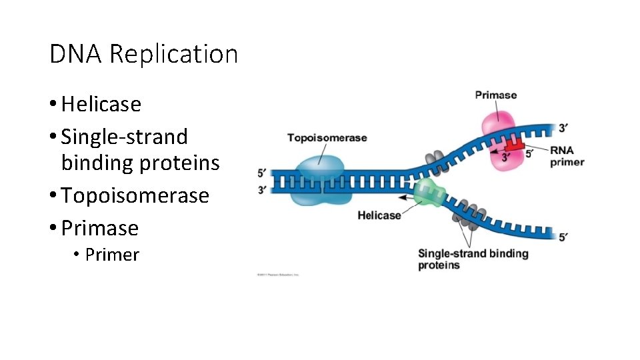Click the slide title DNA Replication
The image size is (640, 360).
pyautogui.click(x=143, y=53)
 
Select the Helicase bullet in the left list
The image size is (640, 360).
pyautogui.click(x=101, y=104)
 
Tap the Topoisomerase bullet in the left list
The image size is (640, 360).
pyautogui.click(x=135, y=195)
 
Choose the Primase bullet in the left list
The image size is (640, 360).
pyautogui.click(x=99, y=228)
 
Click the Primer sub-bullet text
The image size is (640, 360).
pyautogui.click(x=112, y=255)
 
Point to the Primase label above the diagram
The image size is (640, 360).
pyautogui.click(x=495, y=95)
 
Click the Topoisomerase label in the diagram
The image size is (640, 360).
pyautogui.click(x=327, y=138)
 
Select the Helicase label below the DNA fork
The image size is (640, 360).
pyautogui.click(x=379, y=215)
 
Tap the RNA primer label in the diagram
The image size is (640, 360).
pyautogui.click(x=567, y=156)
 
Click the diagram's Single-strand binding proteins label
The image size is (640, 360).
pyautogui.click(x=473, y=259)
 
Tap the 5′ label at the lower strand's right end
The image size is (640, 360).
pyautogui.click(x=563, y=237)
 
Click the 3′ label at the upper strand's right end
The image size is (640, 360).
pyautogui.click(x=563, y=127)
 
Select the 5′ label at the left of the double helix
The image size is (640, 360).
pyautogui.click(x=263, y=173)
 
